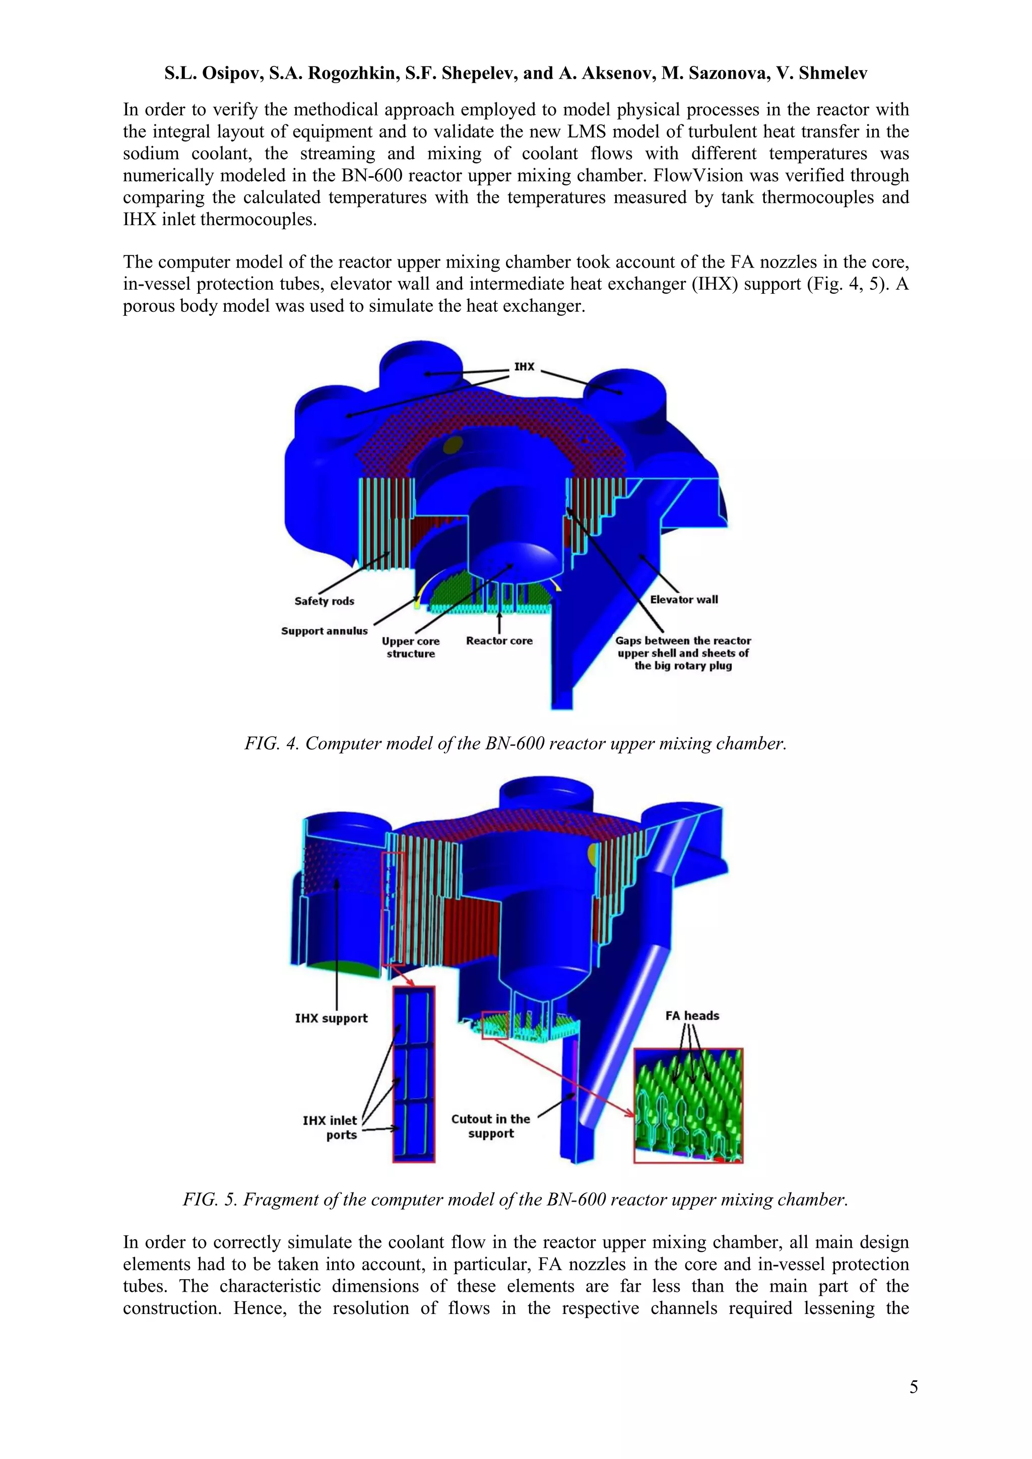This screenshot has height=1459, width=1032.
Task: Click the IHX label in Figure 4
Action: tap(524, 367)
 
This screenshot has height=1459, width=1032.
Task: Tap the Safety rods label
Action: tap(324, 601)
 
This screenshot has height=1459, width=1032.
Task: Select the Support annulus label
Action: tap(324, 631)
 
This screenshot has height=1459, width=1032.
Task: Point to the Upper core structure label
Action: tap(411, 647)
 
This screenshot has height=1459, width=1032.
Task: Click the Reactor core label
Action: tap(499, 640)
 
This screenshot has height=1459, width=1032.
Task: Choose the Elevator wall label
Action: tap(684, 599)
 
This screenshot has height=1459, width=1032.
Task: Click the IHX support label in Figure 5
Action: tap(331, 1018)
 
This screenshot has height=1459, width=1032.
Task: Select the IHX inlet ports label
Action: tap(330, 1128)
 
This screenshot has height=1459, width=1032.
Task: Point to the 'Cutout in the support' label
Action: tap(491, 1126)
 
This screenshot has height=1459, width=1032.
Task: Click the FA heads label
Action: tap(692, 1016)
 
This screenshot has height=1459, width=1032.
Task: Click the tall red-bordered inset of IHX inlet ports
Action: tap(414, 1074)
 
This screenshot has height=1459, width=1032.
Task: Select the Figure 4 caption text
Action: tap(515, 744)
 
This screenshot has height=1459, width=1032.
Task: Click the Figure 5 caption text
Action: tap(515, 1200)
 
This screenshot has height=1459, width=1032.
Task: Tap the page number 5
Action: tap(913, 1386)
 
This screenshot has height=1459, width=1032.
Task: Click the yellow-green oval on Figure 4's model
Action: tap(453, 445)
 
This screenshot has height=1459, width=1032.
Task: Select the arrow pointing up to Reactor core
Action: tap(499, 622)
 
